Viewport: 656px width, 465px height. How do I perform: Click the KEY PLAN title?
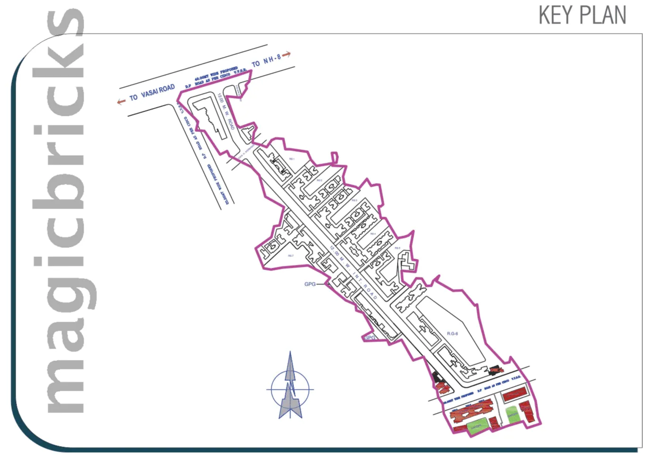[582, 16]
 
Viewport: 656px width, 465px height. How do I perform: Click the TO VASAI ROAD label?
[152, 93]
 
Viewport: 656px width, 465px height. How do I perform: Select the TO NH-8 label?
[266, 60]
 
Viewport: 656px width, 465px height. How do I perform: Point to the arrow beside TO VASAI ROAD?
[121, 101]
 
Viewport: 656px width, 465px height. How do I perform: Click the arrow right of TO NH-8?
[286, 54]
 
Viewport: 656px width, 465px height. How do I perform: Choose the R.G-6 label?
[452, 334]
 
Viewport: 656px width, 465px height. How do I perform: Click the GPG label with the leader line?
[310, 284]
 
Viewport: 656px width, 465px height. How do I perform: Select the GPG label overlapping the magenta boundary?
[370, 338]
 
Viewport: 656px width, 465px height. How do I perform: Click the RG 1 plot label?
[292, 159]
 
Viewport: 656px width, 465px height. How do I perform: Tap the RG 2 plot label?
[319, 180]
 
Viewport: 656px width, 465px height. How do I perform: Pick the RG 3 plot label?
[354, 201]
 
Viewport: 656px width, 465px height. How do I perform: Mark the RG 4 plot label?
[373, 234]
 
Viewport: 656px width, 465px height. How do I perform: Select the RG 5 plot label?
[397, 248]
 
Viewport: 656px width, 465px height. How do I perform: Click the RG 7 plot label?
[291, 255]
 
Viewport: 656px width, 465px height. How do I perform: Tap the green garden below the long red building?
[476, 427]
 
